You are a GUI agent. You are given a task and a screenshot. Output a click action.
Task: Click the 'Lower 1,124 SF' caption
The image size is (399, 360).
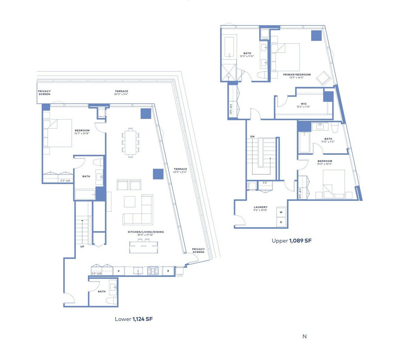click(134, 319)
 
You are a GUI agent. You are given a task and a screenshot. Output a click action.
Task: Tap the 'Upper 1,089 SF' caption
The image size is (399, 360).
click(291, 241)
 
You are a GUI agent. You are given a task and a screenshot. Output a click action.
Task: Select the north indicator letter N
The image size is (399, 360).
click(305, 336)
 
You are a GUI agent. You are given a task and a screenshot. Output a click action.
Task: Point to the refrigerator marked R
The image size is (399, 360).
click(168, 271)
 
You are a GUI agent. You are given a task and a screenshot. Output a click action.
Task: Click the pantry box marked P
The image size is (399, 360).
click(119, 271)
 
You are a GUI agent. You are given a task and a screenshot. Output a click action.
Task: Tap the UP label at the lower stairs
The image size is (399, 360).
click(82, 247)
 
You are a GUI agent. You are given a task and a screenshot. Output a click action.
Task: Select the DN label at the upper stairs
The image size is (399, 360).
click(252, 136)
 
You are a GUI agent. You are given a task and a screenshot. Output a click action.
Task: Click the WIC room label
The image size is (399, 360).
click(304, 104)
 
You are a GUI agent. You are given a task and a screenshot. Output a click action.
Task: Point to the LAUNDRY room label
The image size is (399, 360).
click(260, 207)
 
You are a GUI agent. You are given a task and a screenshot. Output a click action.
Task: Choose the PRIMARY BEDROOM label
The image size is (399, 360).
click(297, 75)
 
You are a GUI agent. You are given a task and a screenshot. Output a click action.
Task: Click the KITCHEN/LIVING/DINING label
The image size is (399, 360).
click(146, 232)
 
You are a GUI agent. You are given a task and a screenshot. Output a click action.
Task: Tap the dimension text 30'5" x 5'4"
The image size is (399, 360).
click(121, 94)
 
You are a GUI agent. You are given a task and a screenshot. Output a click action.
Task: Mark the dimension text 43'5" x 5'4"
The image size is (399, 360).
click(180, 172)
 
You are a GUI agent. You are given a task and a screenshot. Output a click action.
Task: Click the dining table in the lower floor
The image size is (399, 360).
click(131, 143)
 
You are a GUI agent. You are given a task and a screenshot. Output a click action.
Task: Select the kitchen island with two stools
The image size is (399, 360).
click(144, 246)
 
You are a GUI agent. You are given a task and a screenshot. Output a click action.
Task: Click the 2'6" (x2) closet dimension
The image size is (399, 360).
click(96, 273)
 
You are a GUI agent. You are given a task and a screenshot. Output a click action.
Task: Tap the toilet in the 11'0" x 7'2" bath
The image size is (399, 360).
click(335, 127)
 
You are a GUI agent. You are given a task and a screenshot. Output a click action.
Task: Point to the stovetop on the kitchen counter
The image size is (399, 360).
click(153, 271)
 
